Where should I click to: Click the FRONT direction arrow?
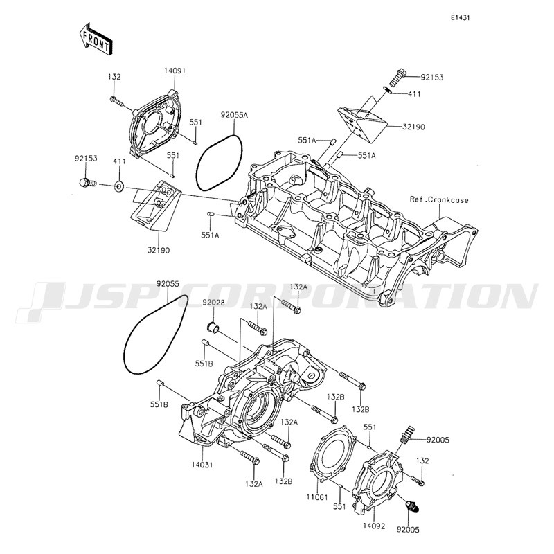coord(96,38)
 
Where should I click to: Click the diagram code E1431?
coord(460,18)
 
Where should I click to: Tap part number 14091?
coord(175,71)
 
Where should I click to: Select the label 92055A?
coord(234,115)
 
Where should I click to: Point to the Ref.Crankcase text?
coord(439,199)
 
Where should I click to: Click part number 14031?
coord(202,465)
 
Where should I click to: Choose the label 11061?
coord(317,497)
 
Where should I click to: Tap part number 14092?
coord(374,526)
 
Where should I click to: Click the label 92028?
coord(213,303)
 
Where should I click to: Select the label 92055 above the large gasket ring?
coord(168,284)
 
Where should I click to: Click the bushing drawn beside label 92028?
coord(213,327)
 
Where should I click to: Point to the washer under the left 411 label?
coord(118,186)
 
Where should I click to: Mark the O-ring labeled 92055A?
coord(219,163)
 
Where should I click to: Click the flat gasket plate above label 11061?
coord(332,453)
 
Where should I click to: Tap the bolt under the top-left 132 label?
coord(117,101)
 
